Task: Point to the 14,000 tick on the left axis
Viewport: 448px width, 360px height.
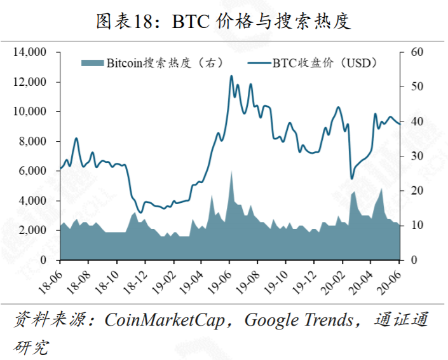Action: coord(31,52)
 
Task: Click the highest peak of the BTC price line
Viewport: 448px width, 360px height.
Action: coord(231,76)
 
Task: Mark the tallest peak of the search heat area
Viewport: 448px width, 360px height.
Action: coord(231,171)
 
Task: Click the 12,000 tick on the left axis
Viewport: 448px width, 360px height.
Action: coord(31,82)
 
